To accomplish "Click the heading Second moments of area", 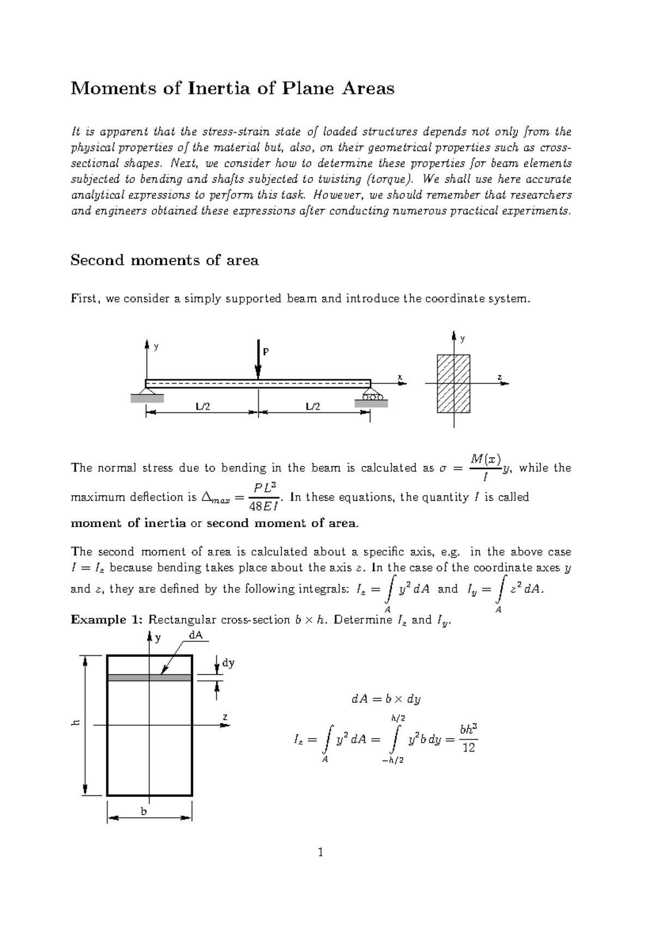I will [x=165, y=260].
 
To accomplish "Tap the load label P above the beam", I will [x=266, y=352].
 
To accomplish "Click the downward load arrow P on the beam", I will [x=258, y=360].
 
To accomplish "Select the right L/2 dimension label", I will [x=313, y=406].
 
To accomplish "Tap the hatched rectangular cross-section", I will [x=453, y=384].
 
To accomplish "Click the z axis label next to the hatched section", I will [x=499, y=377].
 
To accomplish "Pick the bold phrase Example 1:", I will [x=107, y=620].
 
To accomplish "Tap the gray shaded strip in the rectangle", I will [x=149, y=678].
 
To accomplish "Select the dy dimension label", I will [x=228, y=663].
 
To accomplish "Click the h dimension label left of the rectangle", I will [x=76, y=723].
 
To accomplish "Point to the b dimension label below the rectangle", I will [x=144, y=811].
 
